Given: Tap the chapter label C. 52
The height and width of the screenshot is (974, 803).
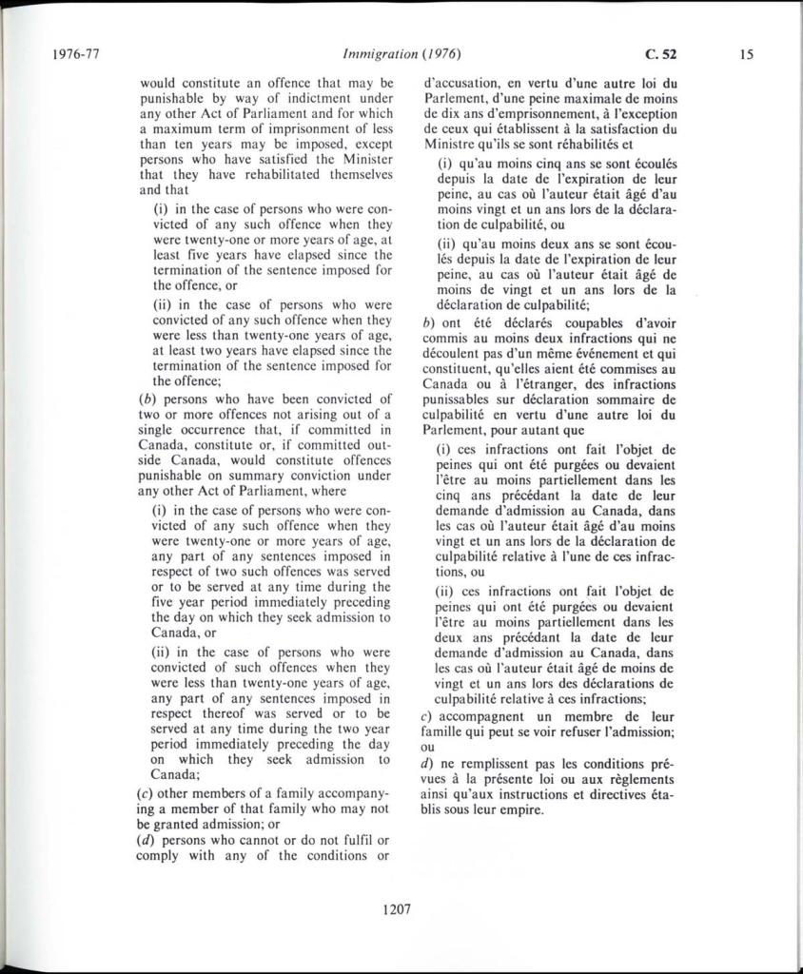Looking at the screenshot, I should (659, 53).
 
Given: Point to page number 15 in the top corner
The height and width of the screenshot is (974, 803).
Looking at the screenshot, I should (746, 53).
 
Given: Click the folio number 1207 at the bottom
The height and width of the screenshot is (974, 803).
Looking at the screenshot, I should (396, 908).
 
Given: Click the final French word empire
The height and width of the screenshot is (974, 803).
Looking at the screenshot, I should (519, 810).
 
